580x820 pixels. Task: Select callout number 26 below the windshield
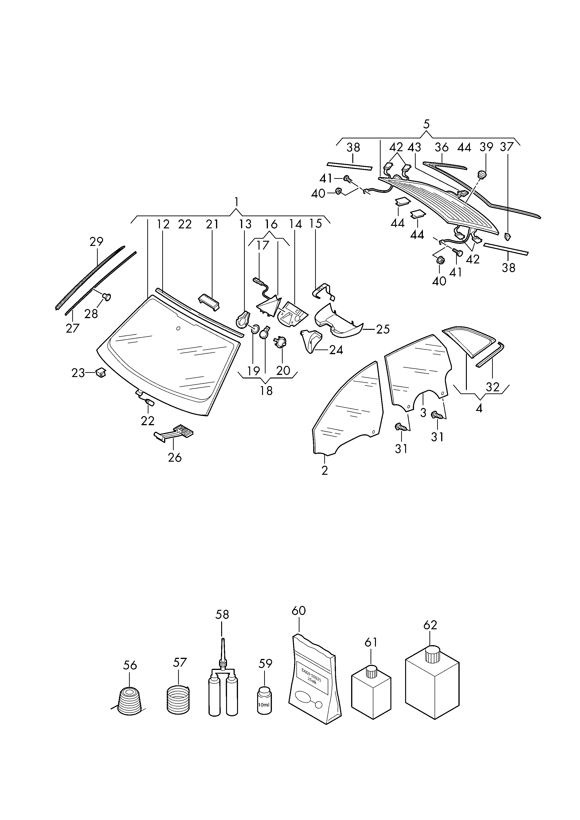175,457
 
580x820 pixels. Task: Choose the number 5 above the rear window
426,124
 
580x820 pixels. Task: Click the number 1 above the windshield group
236,202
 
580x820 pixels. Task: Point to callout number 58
222,614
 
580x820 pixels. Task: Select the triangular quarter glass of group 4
469,341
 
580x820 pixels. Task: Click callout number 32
493,387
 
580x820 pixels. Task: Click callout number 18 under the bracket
267,391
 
